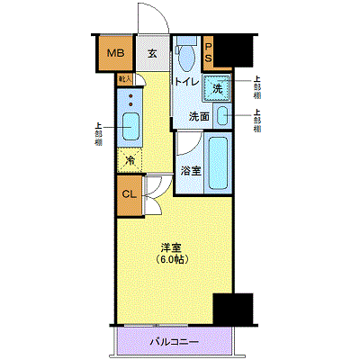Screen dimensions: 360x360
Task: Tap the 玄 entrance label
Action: click(x=152, y=54)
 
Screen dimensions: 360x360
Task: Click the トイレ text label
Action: click(x=186, y=82)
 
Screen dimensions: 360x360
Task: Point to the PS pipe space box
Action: click(x=209, y=55)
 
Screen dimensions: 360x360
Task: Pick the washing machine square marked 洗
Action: click(x=217, y=88)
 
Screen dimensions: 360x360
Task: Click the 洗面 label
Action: click(x=199, y=116)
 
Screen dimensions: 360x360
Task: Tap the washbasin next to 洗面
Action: click(x=221, y=117)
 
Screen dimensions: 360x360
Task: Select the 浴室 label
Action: click(x=190, y=169)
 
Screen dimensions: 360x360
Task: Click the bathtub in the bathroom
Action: click(x=219, y=163)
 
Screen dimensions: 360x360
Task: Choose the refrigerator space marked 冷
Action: click(x=130, y=160)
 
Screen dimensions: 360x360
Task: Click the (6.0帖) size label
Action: click(x=172, y=260)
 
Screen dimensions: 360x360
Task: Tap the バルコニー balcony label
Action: click(x=174, y=342)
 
